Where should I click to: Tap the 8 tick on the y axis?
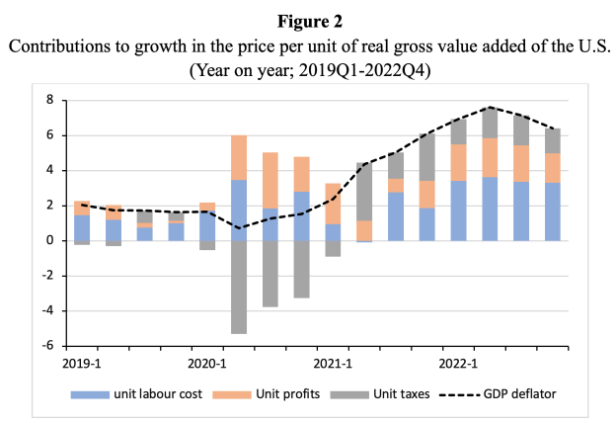pyautogui.click(x=46, y=100)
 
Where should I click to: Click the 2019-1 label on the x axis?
pyautogui.click(x=82, y=363)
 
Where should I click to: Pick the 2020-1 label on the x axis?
pyautogui.click(x=207, y=363)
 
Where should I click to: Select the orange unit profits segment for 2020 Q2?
pyautogui.click(x=239, y=157)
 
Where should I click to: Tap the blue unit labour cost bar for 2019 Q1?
pyautogui.click(x=82, y=227)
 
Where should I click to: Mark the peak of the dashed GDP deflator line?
pyautogui.click(x=491, y=107)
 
